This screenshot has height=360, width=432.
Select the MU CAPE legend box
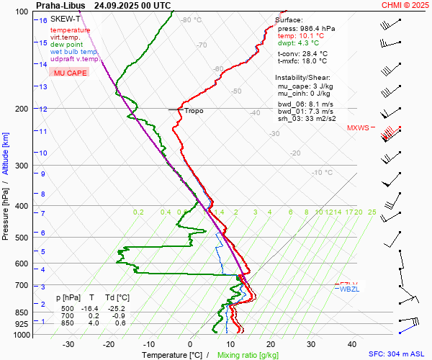coord(70,73)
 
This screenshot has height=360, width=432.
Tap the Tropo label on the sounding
coord(194,111)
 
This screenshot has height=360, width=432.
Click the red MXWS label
coord(358,128)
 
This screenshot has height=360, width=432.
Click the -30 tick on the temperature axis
coord(69,344)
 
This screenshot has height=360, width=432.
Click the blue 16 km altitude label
coord(43,20)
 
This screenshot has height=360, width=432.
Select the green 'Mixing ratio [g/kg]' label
coord(248,355)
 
